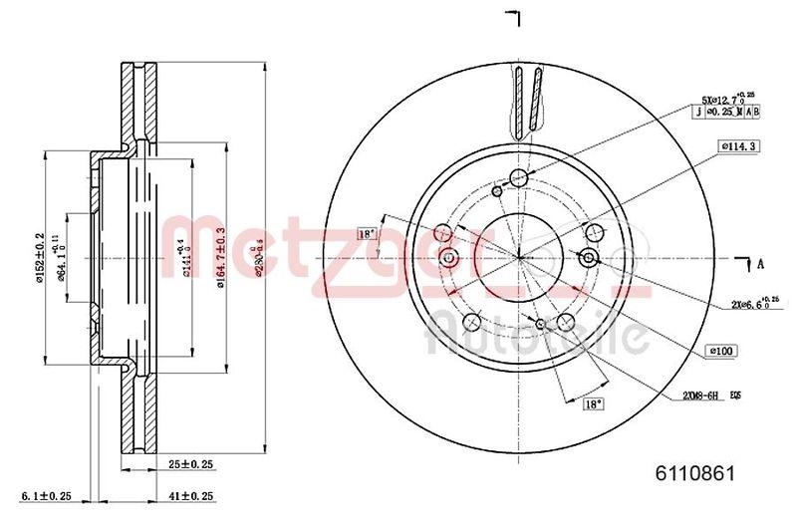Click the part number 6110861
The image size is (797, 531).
coord(694,475)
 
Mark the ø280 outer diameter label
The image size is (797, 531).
coord(261,257)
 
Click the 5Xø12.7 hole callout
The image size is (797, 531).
coord(726,98)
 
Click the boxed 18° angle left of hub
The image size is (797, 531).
coord(366,233)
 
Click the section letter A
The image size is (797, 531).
coord(761,263)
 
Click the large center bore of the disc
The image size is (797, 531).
coord(518,256)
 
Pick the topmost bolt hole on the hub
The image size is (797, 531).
coord(518,178)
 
